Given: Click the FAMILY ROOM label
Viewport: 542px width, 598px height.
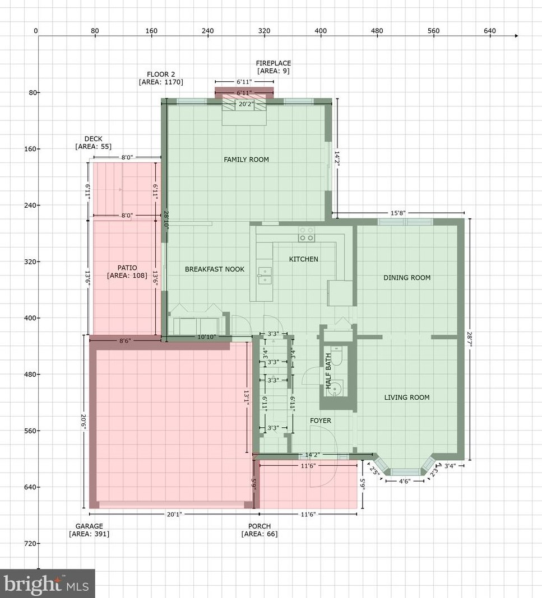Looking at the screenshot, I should pos(246,160).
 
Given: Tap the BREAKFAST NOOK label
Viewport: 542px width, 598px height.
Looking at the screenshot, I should pos(215,269).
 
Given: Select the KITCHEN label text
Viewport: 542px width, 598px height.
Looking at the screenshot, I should pos(303,259).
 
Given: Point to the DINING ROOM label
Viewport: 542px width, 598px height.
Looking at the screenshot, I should pos(407,278).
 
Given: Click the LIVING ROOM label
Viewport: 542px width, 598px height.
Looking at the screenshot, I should pos(407,398).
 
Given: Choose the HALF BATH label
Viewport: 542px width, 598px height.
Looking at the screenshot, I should pos(329,373).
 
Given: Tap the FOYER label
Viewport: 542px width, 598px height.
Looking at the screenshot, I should pos(321,421).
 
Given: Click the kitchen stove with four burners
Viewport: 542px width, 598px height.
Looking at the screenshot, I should pos(306,234).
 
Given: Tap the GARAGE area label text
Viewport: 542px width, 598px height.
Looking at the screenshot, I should pos(89,530).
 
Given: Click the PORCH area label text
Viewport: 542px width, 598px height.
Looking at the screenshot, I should pos(260,530).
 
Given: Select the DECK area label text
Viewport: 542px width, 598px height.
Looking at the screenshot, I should pos(94,143).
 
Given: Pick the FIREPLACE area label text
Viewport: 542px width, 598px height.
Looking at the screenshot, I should pos(274,67).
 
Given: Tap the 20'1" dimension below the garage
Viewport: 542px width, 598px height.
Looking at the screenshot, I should pos(173,514).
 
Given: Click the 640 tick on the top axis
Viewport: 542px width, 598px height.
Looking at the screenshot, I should pos(490,31).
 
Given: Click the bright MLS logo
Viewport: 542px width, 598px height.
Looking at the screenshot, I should pos(48,584).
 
